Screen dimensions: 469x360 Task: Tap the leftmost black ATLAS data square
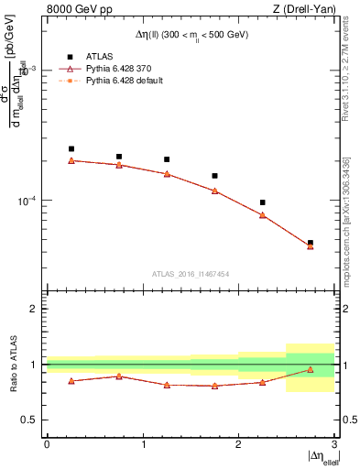click(x=71, y=148)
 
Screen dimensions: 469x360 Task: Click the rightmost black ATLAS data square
click(x=311, y=243)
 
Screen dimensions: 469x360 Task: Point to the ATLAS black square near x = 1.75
click(x=214, y=176)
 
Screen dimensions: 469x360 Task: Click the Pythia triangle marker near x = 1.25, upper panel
click(x=167, y=173)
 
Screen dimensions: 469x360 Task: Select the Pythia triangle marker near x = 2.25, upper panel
click(x=262, y=215)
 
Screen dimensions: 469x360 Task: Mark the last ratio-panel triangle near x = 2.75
click(x=311, y=370)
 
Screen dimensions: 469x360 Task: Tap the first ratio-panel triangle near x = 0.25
click(x=71, y=381)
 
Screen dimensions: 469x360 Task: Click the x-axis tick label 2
click(x=238, y=443)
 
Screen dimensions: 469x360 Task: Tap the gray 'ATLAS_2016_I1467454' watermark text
click(x=191, y=273)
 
